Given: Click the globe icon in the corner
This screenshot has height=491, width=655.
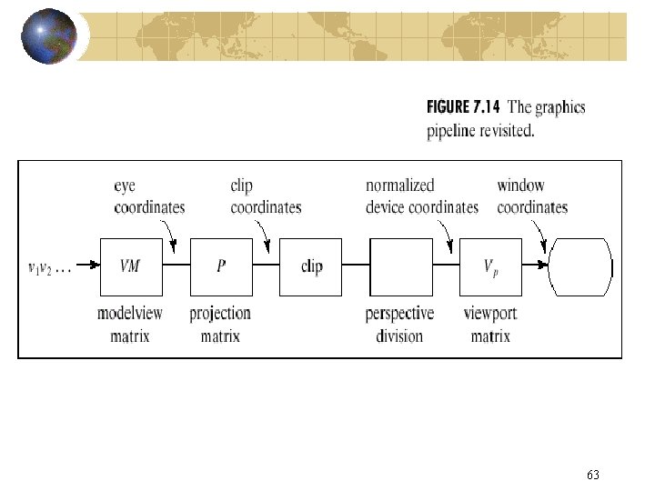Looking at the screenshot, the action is click(49, 36).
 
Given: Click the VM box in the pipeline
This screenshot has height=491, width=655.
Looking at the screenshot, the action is click(130, 266).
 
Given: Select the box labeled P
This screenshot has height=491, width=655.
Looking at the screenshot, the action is click(220, 266).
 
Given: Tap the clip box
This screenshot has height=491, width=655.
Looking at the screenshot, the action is click(311, 266).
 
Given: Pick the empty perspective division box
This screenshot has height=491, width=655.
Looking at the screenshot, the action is click(400, 266).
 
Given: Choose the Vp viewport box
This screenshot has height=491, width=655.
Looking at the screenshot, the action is click(490, 266).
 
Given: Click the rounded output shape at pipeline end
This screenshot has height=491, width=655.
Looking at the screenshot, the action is click(580, 266).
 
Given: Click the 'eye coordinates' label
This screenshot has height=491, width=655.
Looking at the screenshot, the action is click(149, 196).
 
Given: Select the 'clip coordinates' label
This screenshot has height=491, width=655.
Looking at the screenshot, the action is click(266, 196).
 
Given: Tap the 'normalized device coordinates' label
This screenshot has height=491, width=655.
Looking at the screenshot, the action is click(421, 196).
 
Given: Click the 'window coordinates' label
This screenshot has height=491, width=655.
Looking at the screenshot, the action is click(532, 196).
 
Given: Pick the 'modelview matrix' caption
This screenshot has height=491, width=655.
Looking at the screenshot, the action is click(131, 325).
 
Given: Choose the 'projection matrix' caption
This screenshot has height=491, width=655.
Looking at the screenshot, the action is click(220, 325).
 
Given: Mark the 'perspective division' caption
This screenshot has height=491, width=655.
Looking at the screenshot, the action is click(399, 325).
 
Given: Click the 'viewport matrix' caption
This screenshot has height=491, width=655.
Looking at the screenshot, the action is click(490, 325).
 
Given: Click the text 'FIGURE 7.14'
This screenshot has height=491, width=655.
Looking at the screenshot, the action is click(464, 108).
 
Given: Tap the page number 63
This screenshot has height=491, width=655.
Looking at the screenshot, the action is click(593, 475).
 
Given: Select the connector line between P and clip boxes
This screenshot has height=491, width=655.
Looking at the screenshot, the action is click(265, 266).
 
